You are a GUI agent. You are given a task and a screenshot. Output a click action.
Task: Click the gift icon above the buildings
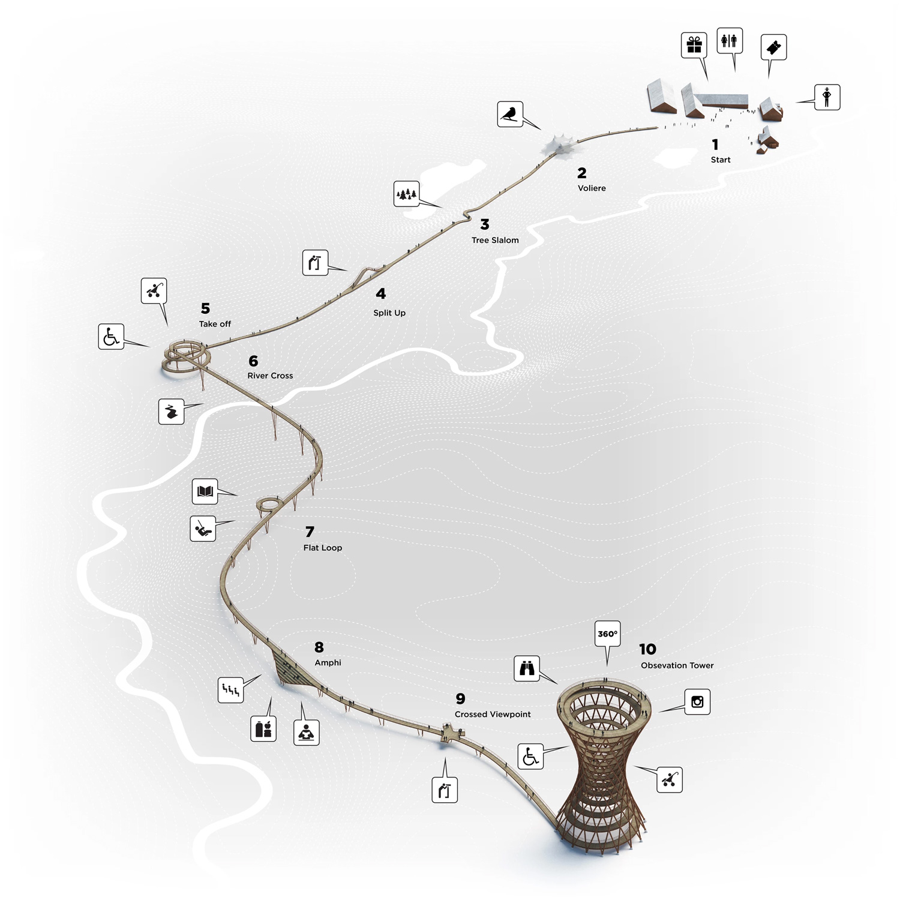(694, 45)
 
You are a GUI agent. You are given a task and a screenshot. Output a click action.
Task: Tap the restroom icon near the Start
(730, 40)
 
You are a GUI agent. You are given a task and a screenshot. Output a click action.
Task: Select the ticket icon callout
(773, 47)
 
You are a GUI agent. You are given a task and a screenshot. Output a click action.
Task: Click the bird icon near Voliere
(510, 113)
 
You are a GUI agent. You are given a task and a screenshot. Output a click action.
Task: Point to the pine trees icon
(406, 194)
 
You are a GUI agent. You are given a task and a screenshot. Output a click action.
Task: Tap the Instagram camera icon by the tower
(697, 701)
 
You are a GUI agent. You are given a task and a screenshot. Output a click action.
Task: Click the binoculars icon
(527, 668)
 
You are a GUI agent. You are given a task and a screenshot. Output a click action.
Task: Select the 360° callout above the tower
(607, 634)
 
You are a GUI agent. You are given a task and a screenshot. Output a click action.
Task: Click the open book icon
(205, 491)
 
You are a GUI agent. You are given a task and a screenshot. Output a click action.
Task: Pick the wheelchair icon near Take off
(111, 337)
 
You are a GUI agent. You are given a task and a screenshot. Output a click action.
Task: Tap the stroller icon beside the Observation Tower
(670, 779)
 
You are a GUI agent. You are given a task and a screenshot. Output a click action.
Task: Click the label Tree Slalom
(495, 240)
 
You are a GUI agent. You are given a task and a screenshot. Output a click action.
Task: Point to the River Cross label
(270, 376)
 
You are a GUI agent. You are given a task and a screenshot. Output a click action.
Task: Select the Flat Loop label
(323, 548)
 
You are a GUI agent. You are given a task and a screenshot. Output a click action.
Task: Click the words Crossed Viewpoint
(493, 714)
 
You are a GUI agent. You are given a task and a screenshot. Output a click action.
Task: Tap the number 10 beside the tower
(647, 649)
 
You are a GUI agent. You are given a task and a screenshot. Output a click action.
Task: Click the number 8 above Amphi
(319, 647)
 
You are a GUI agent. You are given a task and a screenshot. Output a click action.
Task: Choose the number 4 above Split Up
(380, 294)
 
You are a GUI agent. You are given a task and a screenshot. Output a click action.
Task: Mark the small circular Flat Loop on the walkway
(269, 504)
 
